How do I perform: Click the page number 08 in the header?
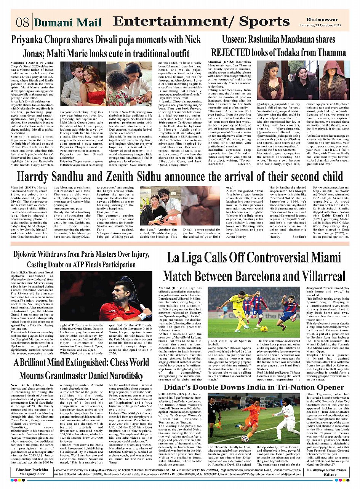[22, 22]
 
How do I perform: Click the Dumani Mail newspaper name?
[67, 22]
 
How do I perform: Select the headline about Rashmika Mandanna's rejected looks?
[278, 45]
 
